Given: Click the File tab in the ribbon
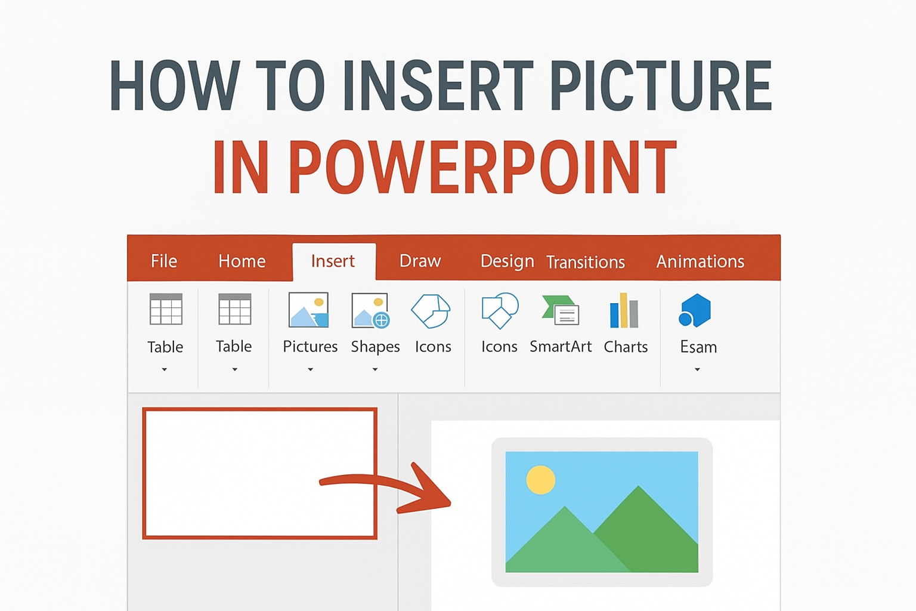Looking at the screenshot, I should coord(164,261).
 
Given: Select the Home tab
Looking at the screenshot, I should coord(242,261).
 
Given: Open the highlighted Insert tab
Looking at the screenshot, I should coord(333,261).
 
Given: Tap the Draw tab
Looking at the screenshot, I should coord(420,261).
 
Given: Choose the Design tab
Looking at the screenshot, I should coord(507,261).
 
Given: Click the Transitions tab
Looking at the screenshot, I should coord(586,263).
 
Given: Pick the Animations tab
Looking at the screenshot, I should coord(700,261).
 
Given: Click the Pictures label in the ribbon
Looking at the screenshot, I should coord(310,347).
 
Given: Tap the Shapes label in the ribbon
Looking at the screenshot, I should coord(375,347).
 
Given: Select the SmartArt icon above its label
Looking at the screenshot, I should coord(561,310).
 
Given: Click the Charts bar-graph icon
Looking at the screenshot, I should coord(624,310).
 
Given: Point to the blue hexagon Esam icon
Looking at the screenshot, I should coord(695,310).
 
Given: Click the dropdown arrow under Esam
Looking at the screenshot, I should coord(697,370).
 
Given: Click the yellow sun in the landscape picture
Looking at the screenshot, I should coord(541,480).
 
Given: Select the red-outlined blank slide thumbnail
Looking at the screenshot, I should coord(259,473).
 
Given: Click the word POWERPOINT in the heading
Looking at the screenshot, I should coord(444,167).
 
